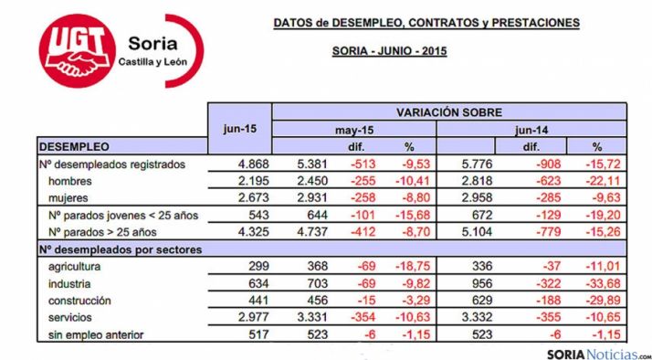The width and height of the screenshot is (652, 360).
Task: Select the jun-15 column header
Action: point(240,129)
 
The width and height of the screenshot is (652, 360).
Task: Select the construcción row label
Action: point(80,300)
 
